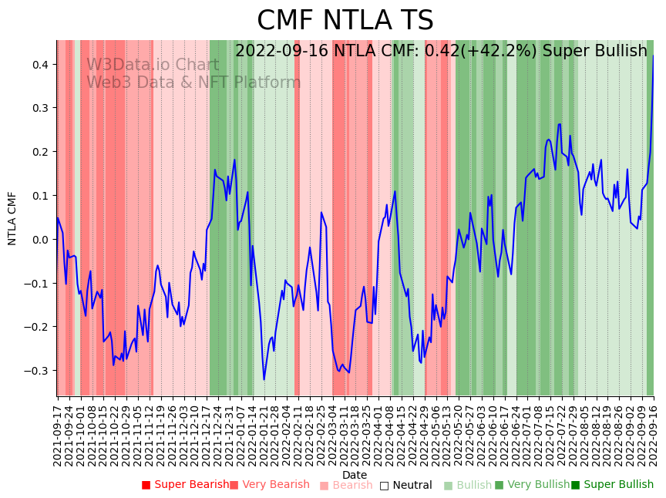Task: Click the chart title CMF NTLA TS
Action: coord(345,21)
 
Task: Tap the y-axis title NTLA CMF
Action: coord(12,218)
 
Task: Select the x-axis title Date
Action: coord(355,475)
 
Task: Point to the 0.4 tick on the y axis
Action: coord(39,64)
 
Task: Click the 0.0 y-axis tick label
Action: coord(39,239)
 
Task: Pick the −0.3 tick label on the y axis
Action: coord(37,371)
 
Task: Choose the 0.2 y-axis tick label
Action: coord(39,152)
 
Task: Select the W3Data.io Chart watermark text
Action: coord(153,65)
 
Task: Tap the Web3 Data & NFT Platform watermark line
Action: coord(193,82)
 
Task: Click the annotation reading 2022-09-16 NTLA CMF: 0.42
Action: coord(441,51)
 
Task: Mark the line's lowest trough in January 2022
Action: coord(264,379)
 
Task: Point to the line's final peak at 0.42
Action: coord(654,56)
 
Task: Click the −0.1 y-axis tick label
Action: coord(37,283)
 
